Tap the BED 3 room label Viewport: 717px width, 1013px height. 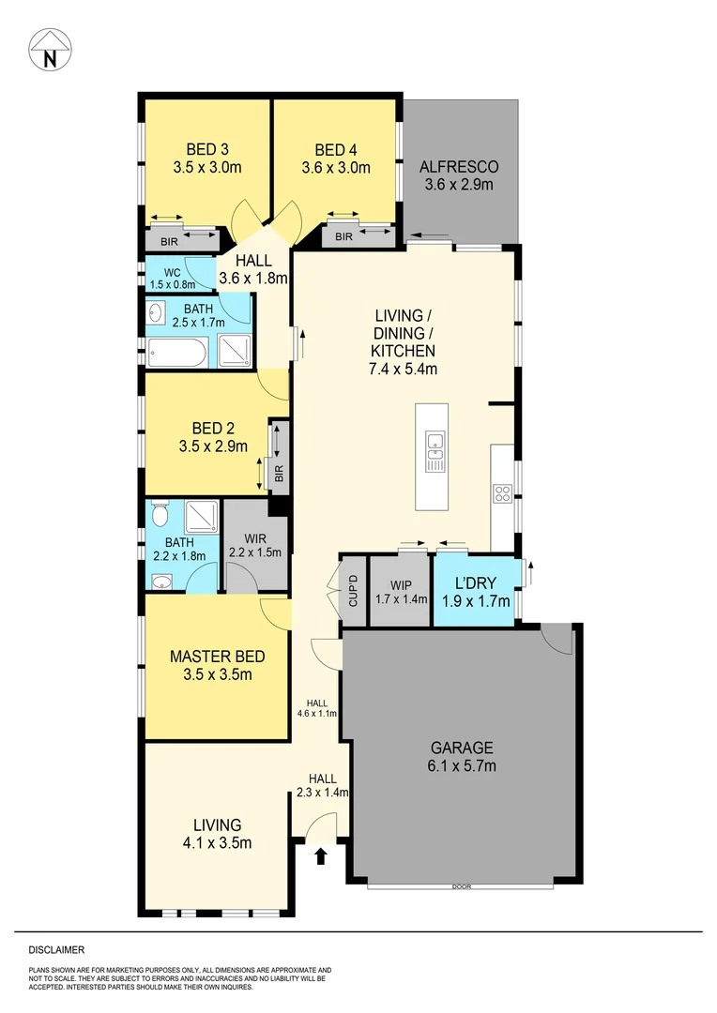[207, 149]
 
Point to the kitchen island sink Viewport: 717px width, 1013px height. [435, 449]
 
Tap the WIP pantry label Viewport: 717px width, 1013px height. [400, 591]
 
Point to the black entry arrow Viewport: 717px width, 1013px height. [321, 854]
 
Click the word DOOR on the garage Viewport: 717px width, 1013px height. [460, 887]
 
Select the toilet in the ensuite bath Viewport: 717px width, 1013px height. [160, 515]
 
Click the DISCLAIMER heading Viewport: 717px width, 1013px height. [56, 948]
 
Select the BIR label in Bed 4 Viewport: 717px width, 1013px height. [343, 237]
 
